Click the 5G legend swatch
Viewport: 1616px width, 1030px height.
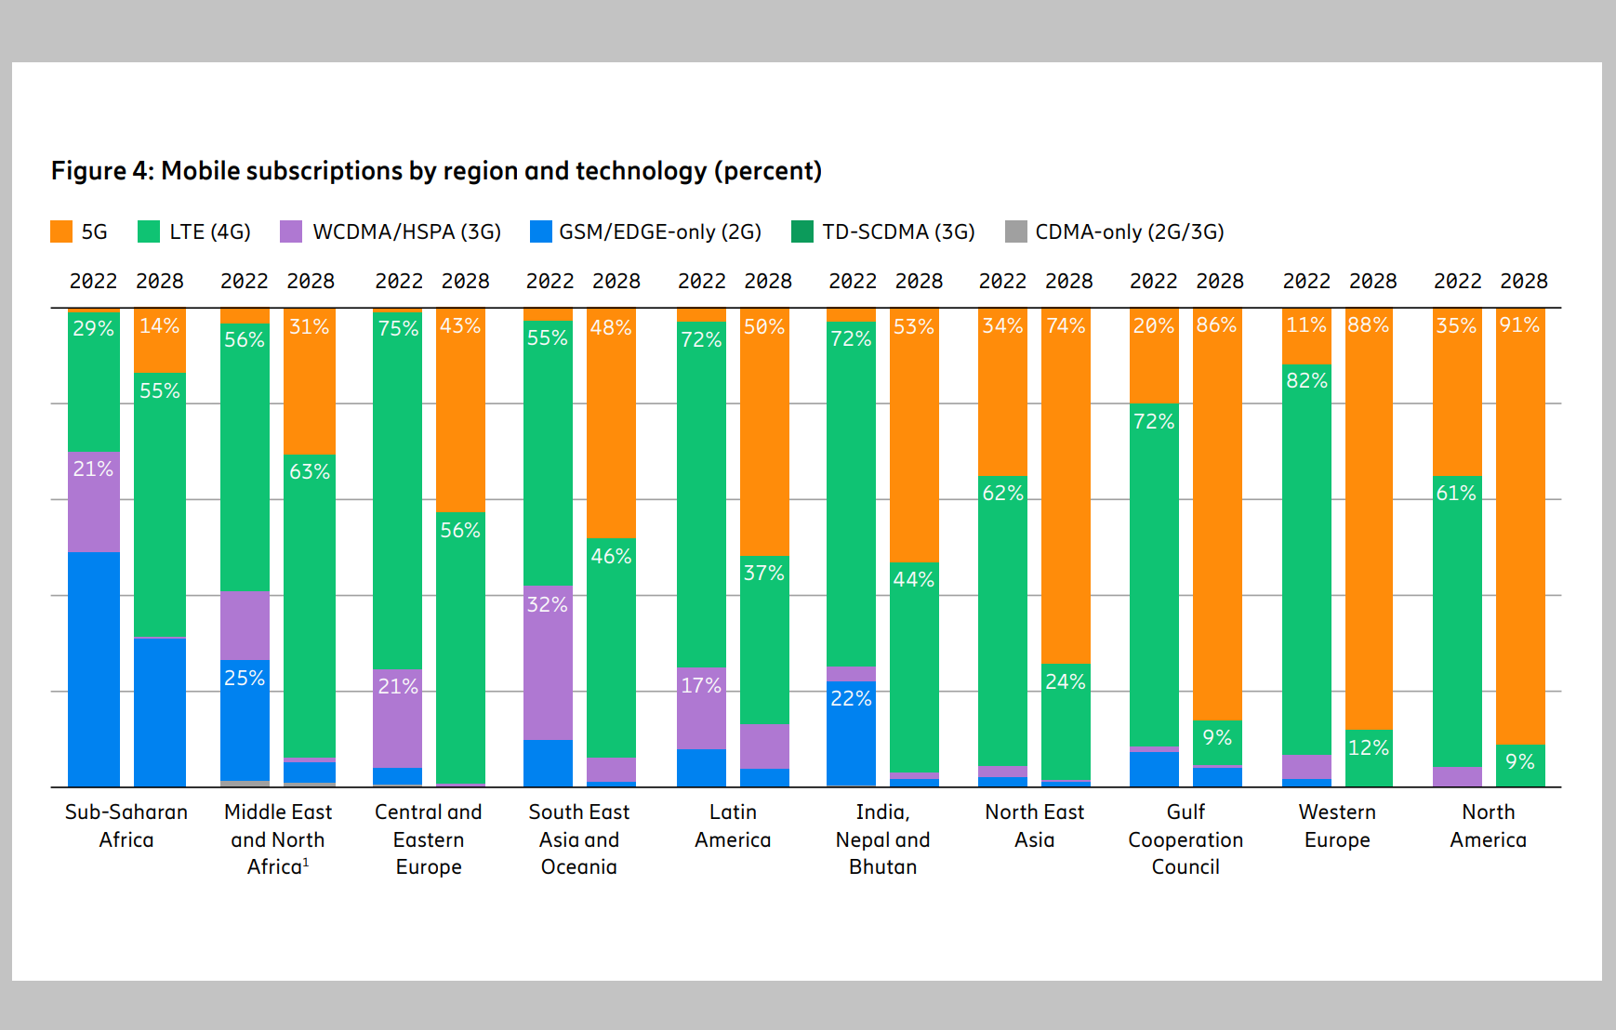pos(61,231)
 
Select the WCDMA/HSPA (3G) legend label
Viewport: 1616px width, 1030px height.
pos(406,231)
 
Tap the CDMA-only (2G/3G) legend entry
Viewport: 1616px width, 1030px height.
pos(1129,231)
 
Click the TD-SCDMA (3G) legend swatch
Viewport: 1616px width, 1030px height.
pos(801,231)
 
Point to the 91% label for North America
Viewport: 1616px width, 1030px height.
pos(1519,325)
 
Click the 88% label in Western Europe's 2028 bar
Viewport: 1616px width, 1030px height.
pos(1368,325)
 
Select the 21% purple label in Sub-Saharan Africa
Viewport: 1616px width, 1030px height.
pos(93,469)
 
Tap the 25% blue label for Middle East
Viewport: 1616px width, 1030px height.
pos(245,679)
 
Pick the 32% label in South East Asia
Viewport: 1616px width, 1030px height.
pos(547,605)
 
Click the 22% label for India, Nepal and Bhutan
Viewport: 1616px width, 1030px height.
pos(851,699)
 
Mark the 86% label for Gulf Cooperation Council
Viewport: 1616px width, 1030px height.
pos(1216,325)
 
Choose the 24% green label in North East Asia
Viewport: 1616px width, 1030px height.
pos(1065,682)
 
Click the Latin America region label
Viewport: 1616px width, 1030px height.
pos(733,825)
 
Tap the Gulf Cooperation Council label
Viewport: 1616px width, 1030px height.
pos(1186,839)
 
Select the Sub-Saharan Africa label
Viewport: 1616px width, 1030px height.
pos(126,825)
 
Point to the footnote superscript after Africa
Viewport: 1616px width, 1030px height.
pos(306,863)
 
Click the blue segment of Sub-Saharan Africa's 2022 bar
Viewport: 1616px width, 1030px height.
pos(93,669)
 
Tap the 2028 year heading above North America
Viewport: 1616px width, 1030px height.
pos(1523,281)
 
